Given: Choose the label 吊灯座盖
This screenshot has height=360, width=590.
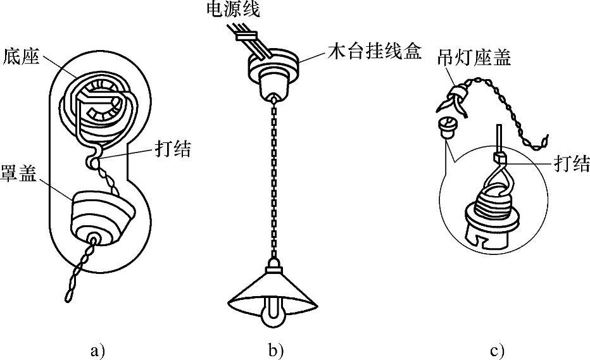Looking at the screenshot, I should [x=474, y=59].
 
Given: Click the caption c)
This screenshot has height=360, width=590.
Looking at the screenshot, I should [x=497, y=349].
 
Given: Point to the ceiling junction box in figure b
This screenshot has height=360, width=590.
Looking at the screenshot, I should [x=273, y=73].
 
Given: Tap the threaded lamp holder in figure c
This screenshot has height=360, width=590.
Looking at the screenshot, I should [x=498, y=209].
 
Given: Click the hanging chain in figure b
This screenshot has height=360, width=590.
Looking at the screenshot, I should [x=273, y=177].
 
